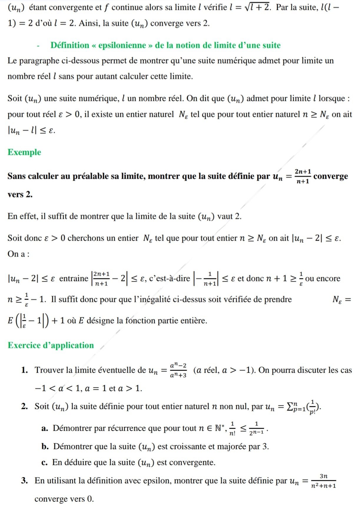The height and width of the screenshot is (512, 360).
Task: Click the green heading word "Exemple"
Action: [x=24, y=152]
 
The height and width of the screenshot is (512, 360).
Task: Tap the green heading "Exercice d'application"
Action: [x=51, y=345]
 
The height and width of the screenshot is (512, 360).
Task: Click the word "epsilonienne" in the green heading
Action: [x=122, y=45]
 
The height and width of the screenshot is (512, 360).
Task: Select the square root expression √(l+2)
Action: [x=257, y=7]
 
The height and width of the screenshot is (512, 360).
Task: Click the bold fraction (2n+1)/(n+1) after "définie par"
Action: [x=303, y=176]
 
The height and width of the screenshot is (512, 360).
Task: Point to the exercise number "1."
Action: [x=24, y=370]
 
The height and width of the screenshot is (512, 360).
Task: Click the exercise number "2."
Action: [x=24, y=407]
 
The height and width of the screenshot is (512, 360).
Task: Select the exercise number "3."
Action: [x=24, y=481]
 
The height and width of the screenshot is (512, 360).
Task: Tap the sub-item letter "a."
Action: [x=45, y=428]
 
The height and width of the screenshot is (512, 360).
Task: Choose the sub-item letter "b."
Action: [x=45, y=447]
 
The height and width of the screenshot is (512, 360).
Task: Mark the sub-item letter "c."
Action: [x=44, y=463]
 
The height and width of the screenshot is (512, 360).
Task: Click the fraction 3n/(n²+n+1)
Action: [x=323, y=481]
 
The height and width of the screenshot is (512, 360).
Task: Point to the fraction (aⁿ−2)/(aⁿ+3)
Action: [x=178, y=370]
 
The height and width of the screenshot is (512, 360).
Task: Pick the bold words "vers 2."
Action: [x=20, y=194]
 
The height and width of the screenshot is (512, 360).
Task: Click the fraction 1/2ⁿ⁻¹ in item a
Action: [x=256, y=428]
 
